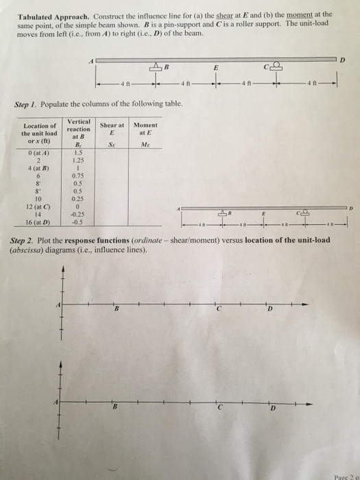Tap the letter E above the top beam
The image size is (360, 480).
point(217,68)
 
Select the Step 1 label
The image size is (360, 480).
point(26,105)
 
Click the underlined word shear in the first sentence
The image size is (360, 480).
point(245,14)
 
